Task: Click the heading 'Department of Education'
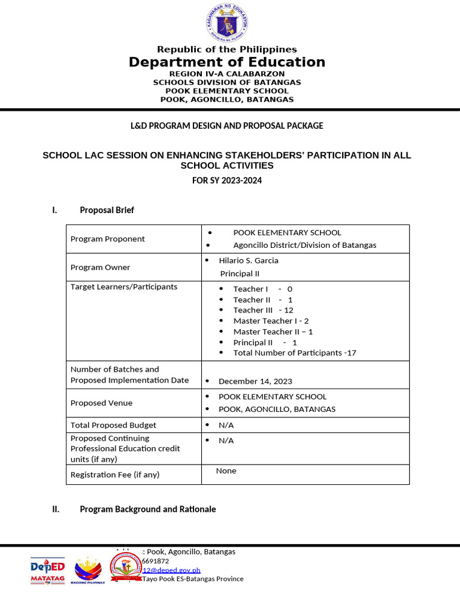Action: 226,62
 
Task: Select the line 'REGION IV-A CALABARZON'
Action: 226,74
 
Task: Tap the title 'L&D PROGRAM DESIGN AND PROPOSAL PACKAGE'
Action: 226,126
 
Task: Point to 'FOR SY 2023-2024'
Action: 226,180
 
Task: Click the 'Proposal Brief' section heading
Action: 107,210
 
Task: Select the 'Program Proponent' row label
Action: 108,239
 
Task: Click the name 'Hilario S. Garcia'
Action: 248,260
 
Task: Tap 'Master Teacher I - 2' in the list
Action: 271,321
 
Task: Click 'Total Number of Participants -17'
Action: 294,353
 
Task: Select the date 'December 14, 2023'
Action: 255,381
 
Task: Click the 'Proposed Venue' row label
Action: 101,403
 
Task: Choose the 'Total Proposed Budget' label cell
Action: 113,425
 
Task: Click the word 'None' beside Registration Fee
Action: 226,471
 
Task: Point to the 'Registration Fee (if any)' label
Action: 115,475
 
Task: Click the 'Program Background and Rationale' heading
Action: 147,509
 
